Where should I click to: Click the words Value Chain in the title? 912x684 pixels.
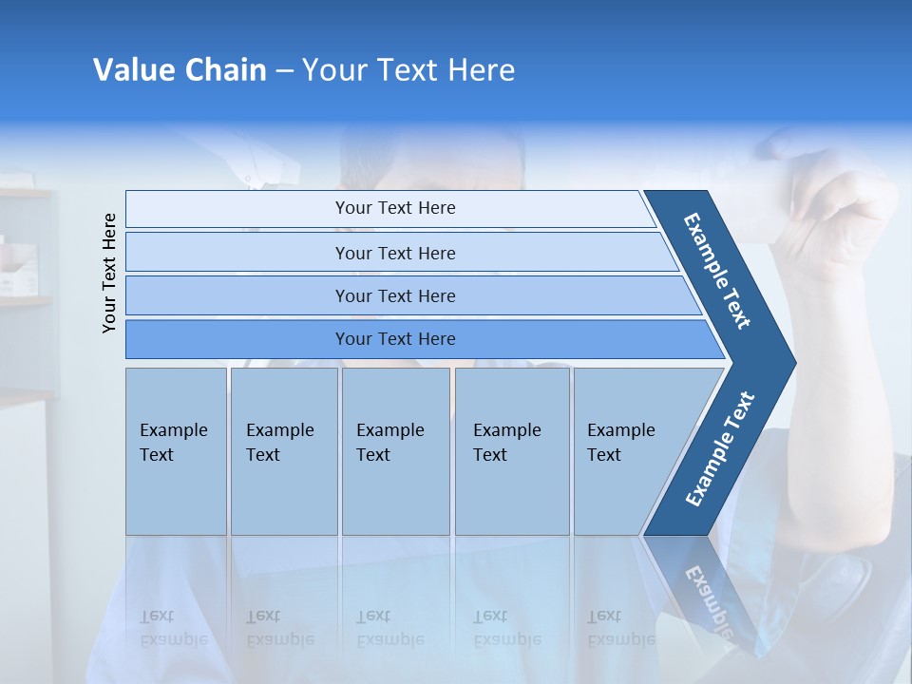pos(180,70)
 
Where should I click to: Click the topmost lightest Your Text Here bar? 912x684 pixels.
pos(394,208)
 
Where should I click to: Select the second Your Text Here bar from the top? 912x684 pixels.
pos(394,253)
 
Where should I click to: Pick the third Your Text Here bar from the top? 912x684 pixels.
pos(394,295)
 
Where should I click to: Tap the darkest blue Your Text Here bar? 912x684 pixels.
pos(394,339)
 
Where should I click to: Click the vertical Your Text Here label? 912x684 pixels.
pos(109,273)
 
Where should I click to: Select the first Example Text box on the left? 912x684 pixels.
pos(176,450)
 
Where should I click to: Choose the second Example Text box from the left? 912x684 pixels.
pos(283,450)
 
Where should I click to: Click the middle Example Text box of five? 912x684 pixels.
pos(395,450)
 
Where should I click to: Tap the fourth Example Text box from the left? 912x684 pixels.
pos(511,450)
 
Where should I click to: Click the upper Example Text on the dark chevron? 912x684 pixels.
pos(717,271)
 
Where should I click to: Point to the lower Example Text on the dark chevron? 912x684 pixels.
pos(720,448)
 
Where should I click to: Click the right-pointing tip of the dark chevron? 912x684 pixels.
pos(788,363)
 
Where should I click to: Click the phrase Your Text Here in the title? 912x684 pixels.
pos(408,70)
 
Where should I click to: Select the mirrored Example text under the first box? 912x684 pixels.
pos(174,638)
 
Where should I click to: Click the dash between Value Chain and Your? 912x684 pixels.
pos(284,70)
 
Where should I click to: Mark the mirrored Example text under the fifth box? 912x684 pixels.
pos(621,638)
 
